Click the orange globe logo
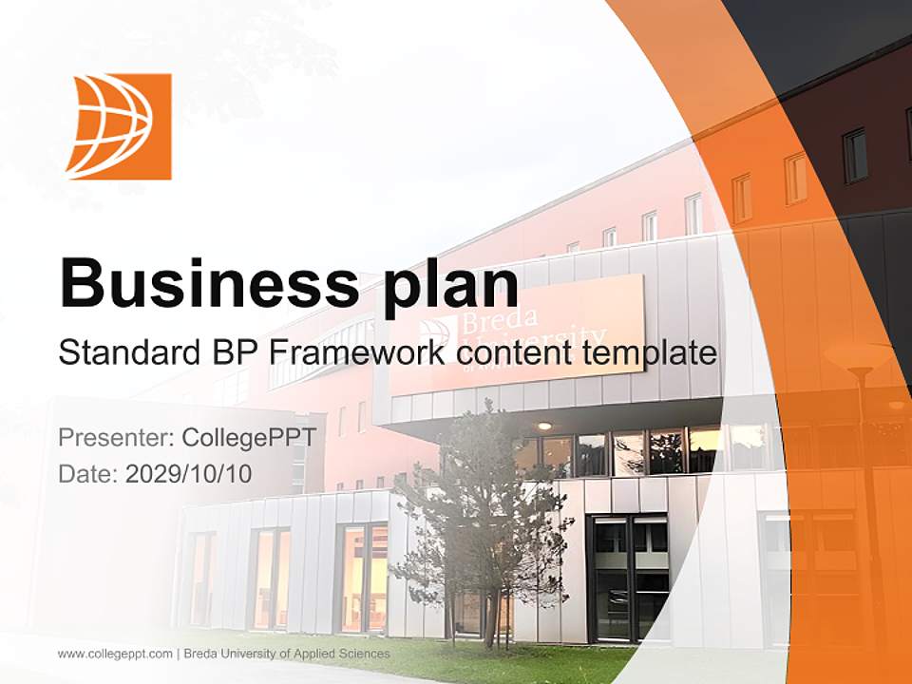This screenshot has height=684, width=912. tap(119, 126)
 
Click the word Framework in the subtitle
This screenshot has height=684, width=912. tap(358, 353)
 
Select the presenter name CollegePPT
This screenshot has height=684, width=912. tap(248, 439)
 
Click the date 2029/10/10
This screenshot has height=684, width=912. tap(189, 473)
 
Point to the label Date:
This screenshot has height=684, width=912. tap(88, 473)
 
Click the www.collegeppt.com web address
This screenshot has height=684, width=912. tap(115, 654)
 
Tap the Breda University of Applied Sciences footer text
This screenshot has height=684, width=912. tap(287, 654)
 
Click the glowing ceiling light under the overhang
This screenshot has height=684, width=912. tap(543, 427)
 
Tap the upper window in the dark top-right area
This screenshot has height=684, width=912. tap(855, 155)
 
